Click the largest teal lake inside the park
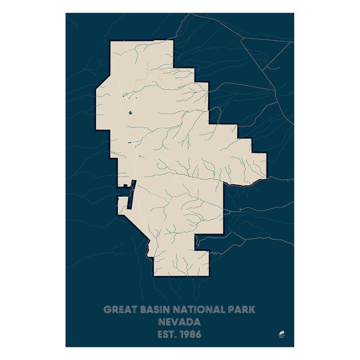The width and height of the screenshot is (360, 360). click(130, 112)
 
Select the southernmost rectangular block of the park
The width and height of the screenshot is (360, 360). click(181, 264)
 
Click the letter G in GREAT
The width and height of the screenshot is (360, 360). click(107, 310)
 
